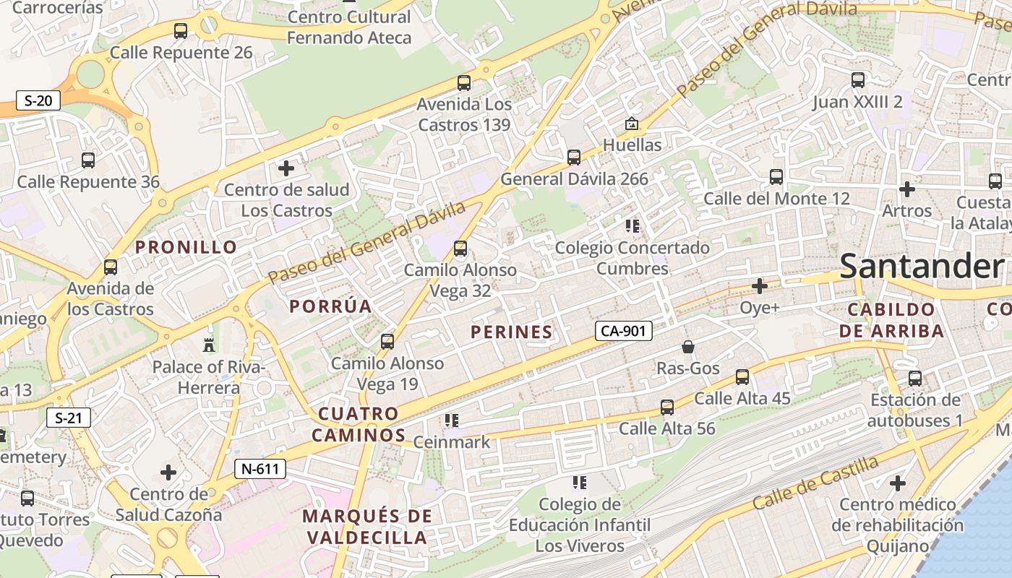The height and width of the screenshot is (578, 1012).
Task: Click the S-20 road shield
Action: (38, 100)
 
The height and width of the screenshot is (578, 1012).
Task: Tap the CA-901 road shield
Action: (624, 331)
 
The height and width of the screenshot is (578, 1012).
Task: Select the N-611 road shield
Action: (260, 469)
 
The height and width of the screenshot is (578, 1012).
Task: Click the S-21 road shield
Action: (69, 418)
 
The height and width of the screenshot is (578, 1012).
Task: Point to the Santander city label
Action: (922, 266)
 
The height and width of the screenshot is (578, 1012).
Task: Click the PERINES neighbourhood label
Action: (512, 332)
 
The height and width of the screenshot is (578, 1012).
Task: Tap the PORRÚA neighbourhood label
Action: (331, 306)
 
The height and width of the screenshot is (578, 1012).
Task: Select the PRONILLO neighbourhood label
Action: (186, 247)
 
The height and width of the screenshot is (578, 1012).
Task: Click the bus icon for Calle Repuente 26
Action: (181, 31)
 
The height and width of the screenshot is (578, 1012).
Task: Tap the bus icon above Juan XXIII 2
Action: (858, 80)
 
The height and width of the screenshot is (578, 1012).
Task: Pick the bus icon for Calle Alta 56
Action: (667, 407)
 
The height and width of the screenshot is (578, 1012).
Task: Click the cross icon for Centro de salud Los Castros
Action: (286, 168)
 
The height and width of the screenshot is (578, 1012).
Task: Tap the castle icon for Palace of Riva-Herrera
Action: (210, 344)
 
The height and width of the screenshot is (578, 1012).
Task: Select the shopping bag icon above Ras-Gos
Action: (688, 347)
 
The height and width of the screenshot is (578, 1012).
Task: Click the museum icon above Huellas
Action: (632, 124)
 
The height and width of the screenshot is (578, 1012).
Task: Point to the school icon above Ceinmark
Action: (452, 420)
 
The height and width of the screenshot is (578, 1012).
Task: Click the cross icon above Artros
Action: (907, 189)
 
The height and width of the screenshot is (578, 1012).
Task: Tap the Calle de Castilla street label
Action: (816, 482)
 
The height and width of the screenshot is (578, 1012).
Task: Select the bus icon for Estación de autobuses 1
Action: (915, 378)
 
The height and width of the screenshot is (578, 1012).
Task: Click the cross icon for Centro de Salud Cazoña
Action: (168, 473)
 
